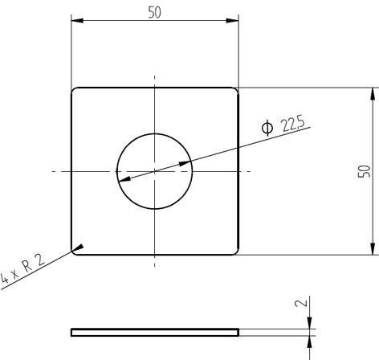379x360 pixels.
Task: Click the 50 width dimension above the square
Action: pos(155,13)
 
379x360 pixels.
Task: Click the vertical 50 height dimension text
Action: pos(365,171)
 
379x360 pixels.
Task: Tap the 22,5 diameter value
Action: pos(292,125)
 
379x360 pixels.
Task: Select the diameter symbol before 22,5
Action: pos(267,128)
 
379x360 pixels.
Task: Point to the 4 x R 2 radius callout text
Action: pos(22,268)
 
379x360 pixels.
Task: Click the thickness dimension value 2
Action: pos(301,303)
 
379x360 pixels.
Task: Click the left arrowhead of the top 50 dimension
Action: pos(77,21)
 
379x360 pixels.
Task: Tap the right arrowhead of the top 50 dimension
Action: pos(232,21)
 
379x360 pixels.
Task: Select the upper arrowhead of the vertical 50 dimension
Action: pos(373,94)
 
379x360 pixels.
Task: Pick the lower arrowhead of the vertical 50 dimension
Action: pos(373,248)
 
